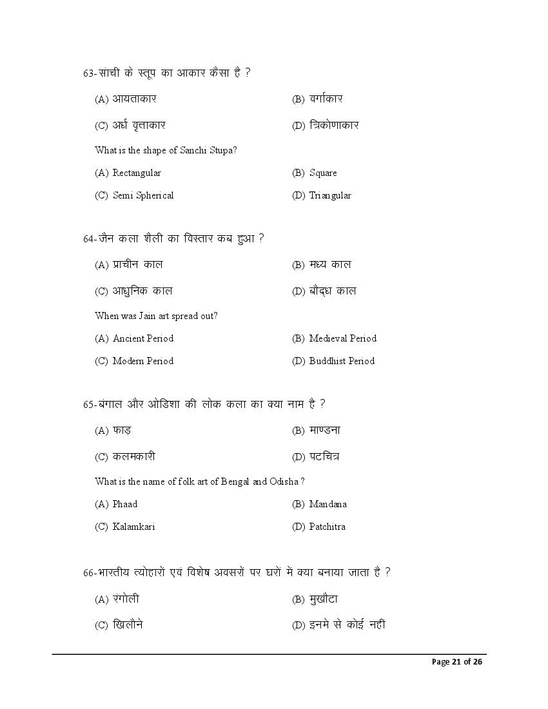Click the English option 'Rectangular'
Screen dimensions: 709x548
pyautogui.click(x=137, y=173)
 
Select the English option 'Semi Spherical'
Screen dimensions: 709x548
pyautogui.click(x=143, y=195)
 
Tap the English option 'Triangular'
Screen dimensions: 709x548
pyautogui.click(x=330, y=195)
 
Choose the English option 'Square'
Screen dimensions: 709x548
pyautogui.click(x=323, y=173)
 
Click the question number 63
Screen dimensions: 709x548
pyautogui.click(x=88, y=73)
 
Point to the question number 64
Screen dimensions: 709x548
pyautogui.click(x=88, y=238)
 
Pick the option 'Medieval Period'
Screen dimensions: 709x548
pyautogui.click(x=342, y=338)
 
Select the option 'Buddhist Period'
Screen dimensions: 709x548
pyautogui.click(x=342, y=361)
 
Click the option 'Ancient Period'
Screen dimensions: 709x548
pyautogui.click(x=143, y=338)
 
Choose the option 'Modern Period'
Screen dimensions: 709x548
pyautogui.click(x=143, y=361)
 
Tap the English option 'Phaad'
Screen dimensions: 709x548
pyautogui.click(x=125, y=504)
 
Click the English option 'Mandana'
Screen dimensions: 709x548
pyautogui.click(x=328, y=504)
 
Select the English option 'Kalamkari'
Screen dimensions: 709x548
pyautogui.click(x=133, y=527)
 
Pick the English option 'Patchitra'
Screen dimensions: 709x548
pyautogui.click(x=327, y=527)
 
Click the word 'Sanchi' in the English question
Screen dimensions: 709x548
pyautogui.click(x=188, y=150)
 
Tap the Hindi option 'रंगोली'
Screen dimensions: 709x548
pyautogui.click(x=126, y=599)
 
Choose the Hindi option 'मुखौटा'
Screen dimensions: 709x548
pyautogui.click(x=324, y=599)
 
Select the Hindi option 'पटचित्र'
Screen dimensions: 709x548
pyautogui.click(x=324, y=456)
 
